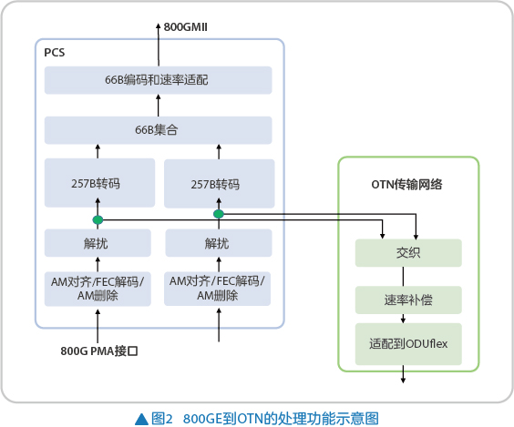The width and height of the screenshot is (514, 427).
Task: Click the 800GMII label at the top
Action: click(x=185, y=26)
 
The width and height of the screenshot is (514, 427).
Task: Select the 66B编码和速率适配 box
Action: click(x=158, y=80)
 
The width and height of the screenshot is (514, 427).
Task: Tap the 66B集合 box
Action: click(x=158, y=130)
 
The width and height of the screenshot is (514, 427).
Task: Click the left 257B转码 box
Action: click(x=99, y=183)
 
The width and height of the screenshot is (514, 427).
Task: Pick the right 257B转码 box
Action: click(x=219, y=184)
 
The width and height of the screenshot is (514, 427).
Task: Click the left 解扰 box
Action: click(x=98, y=243)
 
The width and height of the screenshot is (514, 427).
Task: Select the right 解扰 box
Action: click(x=219, y=243)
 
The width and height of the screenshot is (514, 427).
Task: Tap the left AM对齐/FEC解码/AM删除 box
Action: click(x=98, y=289)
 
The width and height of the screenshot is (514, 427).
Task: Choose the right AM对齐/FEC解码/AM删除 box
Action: click(x=217, y=289)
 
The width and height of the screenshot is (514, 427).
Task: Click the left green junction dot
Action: click(x=98, y=219)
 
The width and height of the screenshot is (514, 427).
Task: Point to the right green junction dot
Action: click(x=219, y=214)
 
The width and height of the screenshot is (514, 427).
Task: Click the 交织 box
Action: click(x=408, y=253)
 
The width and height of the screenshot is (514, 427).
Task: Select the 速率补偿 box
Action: click(x=408, y=300)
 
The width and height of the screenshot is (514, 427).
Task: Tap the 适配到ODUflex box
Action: click(x=408, y=344)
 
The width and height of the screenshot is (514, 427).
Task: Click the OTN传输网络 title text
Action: click(x=406, y=185)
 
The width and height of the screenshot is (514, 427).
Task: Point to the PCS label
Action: click(x=55, y=53)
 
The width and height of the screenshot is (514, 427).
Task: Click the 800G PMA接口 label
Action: click(x=99, y=351)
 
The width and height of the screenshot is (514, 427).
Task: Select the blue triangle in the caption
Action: click(x=141, y=419)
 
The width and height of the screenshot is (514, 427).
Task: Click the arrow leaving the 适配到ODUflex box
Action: click(x=403, y=374)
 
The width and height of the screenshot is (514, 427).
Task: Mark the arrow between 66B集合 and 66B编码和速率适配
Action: click(x=159, y=106)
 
